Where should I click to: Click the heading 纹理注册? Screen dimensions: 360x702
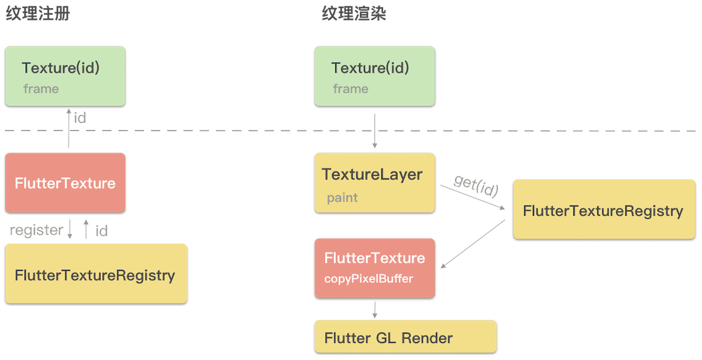click(38, 14)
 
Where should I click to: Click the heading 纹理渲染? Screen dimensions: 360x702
click(354, 14)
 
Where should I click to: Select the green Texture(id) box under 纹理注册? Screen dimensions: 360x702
click(65, 76)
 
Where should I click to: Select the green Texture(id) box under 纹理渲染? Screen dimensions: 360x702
click(374, 76)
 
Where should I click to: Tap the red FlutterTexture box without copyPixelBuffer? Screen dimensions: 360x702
click(65, 183)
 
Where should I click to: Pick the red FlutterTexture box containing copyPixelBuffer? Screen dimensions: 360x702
click(374, 268)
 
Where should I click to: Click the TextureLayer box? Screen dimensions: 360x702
click(374, 183)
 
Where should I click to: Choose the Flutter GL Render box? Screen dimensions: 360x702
click(405, 337)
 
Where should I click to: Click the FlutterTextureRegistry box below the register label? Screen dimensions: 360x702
click(95, 274)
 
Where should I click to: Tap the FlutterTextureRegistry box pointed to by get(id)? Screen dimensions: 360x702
click(603, 210)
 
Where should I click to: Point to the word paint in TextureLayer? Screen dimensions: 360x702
click(342, 198)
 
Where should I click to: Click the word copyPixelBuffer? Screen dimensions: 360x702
click(369, 279)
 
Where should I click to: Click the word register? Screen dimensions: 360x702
click(36, 230)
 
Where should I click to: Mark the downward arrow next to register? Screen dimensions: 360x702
click(70, 229)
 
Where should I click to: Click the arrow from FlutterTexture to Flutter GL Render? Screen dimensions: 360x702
click(374, 310)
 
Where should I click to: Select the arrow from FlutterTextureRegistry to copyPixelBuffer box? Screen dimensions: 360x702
click(473, 245)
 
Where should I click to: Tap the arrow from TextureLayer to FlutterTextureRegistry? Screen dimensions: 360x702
click(473, 197)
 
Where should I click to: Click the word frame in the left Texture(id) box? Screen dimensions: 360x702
click(41, 89)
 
